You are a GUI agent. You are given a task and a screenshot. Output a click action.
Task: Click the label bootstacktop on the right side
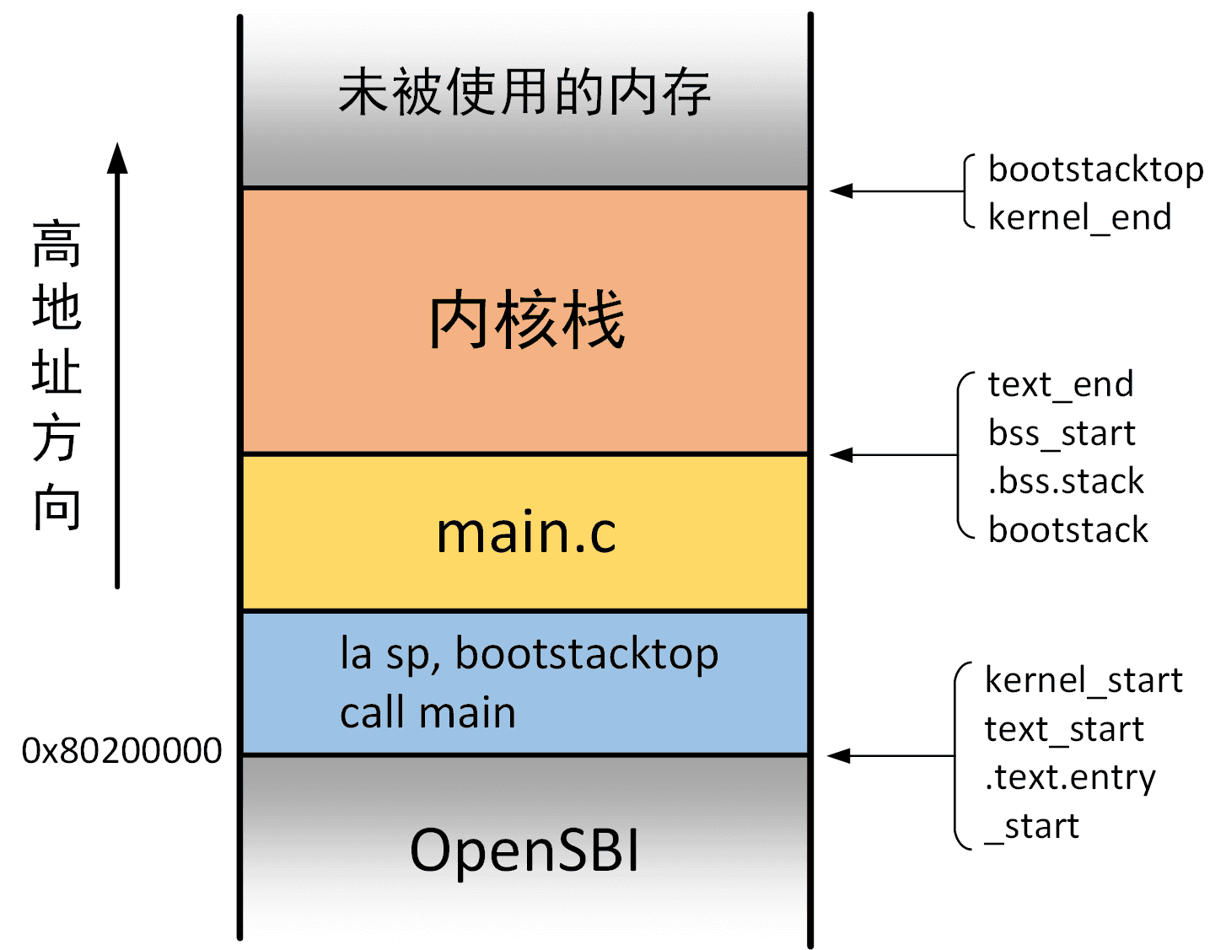[x=1095, y=170]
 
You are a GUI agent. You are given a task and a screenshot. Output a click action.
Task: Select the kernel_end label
[x=1079, y=218]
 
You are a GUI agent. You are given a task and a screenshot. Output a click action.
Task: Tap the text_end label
[x=1060, y=385]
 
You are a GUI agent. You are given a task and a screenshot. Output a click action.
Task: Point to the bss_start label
[x=1062, y=433]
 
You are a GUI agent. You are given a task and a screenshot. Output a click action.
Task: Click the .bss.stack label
[x=1066, y=481]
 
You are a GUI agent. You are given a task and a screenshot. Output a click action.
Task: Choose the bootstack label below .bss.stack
[x=1067, y=530]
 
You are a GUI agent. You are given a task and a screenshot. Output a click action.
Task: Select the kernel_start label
[x=1084, y=680]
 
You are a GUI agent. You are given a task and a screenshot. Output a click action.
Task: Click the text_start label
[x=1064, y=729]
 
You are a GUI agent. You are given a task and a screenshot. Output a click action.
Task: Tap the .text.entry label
[x=1070, y=777]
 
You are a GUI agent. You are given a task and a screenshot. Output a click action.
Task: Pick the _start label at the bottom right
[x=1032, y=826]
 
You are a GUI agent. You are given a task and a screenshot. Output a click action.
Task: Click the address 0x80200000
[x=121, y=750]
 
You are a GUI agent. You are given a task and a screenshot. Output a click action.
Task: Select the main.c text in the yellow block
[x=526, y=533]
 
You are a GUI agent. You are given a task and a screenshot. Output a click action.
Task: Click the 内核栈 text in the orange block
[x=526, y=320]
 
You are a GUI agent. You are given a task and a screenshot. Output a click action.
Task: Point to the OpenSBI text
[x=524, y=850]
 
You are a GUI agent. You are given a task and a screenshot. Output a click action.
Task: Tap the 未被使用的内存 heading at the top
[x=524, y=93]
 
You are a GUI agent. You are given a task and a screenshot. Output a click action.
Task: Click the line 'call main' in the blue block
[x=427, y=713]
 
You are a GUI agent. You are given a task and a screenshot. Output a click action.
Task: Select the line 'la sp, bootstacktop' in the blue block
[x=529, y=654]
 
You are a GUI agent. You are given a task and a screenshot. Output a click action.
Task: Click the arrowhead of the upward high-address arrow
[x=117, y=158]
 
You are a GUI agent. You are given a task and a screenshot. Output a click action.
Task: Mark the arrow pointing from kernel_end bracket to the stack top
[x=894, y=191]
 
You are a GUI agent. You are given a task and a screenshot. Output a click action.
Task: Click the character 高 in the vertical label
[x=56, y=244]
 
